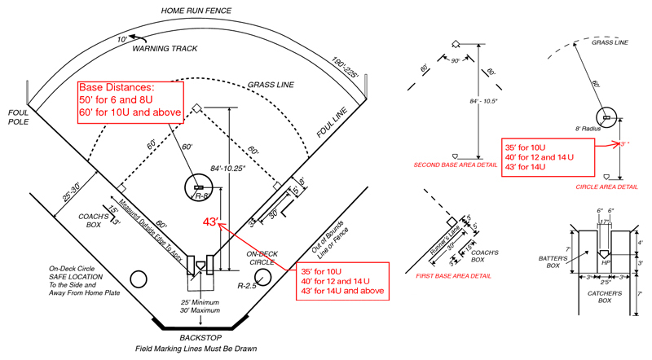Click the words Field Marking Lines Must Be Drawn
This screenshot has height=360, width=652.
tap(196, 349)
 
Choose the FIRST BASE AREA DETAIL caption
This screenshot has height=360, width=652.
tap(453, 276)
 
